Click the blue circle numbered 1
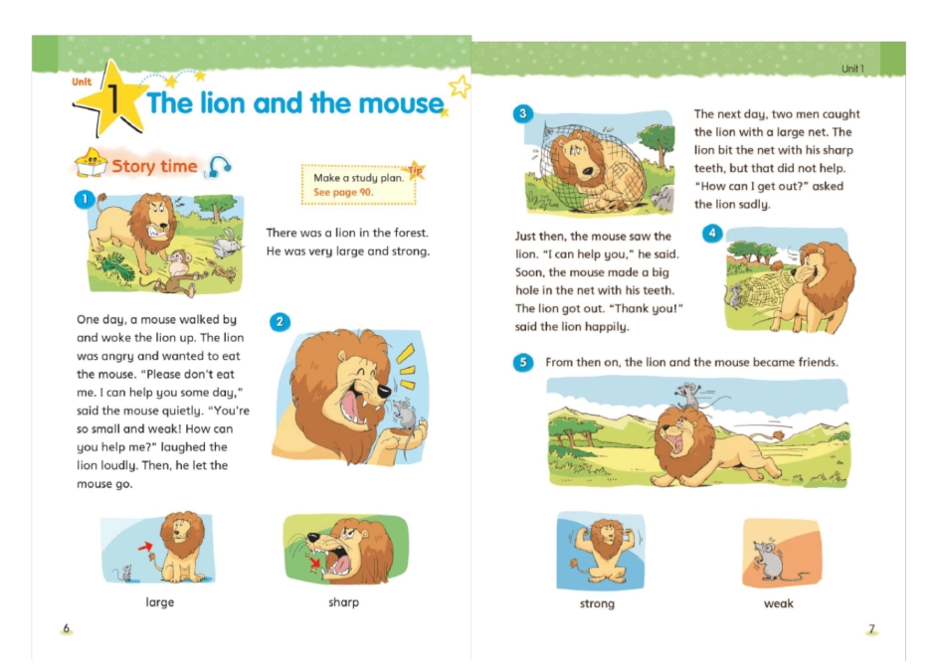(85, 199)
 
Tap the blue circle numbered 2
(280, 322)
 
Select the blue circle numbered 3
(522, 113)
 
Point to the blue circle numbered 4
(712, 234)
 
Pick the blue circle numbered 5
(523, 362)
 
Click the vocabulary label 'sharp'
(343, 602)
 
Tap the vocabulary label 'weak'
(779, 603)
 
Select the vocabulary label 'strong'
(597, 603)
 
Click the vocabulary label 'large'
(160, 602)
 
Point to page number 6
(67, 628)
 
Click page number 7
(871, 629)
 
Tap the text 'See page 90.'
(343, 192)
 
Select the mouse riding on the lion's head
(688, 396)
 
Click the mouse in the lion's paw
(405, 414)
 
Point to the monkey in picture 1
(178, 271)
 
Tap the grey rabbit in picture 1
(226, 244)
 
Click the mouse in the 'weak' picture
(770, 559)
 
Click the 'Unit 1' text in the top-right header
(852, 69)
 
